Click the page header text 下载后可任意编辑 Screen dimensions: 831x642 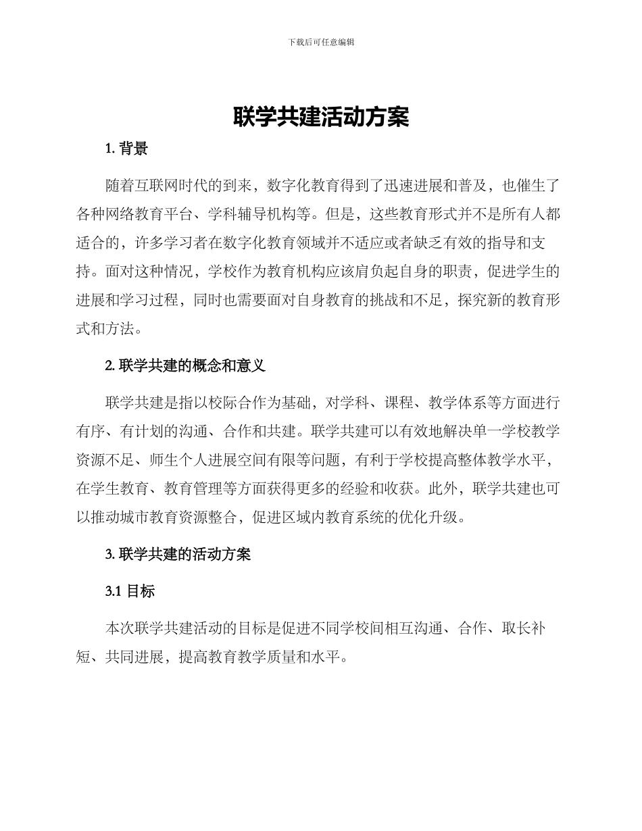[x=321, y=42]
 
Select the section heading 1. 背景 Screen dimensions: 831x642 [x=126, y=149]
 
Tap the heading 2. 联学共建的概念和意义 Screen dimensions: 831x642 [x=186, y=366]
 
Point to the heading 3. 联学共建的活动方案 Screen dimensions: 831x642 [x=178, y=554]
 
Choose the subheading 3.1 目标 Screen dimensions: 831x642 [x=130, y=591]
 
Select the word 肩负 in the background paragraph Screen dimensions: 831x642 [x=374, y=273]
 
